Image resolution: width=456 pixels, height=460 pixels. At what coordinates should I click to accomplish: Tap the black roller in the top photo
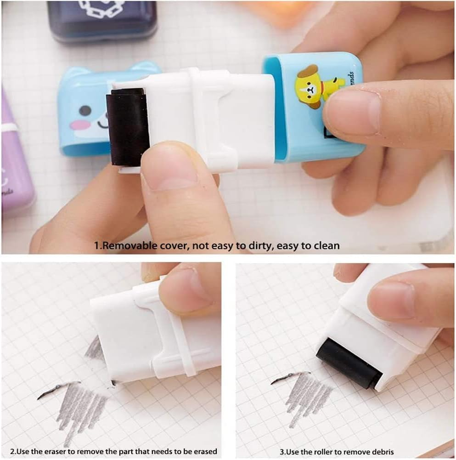[127, 127]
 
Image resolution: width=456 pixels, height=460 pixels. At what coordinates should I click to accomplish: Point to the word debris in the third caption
[382, 452]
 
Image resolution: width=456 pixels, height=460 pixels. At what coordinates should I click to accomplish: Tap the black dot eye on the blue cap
[84, 111]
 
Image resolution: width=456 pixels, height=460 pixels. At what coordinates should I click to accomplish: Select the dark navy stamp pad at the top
[101, 21]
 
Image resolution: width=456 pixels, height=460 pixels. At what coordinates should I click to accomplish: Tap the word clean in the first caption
[327, 246]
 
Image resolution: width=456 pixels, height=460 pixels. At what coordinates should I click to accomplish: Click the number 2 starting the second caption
[12, 451]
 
